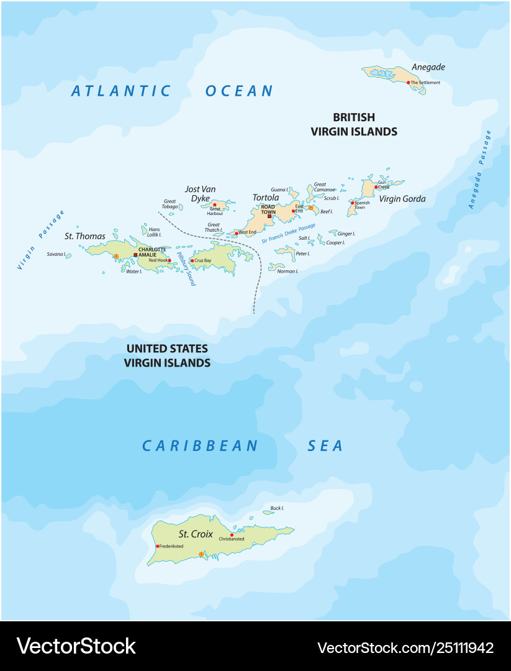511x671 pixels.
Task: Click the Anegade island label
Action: click(x=428, y=67)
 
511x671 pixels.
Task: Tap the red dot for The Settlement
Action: click(x=409, y=82)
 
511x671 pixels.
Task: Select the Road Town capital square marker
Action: click(x=269, y=216)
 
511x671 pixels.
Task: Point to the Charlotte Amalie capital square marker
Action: click(x=135, y=254)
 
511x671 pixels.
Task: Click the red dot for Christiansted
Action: click(x=232, y=534)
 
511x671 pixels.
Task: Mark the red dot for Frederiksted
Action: click(x=158, y=546)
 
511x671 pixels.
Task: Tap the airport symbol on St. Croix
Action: click(x=201, y=554)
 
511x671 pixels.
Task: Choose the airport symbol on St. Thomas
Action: click(x=115, y=256)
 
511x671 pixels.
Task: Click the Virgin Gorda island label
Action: click(x=402, y=199)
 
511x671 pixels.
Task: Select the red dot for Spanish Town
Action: click(x=352, y=203)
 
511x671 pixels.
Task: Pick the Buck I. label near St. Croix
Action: click(x=277, y=508)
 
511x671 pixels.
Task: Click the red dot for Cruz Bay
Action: click(x=192, y=260)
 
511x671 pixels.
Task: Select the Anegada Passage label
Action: click(x=480, y=168)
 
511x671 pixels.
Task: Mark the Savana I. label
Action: click(x=55, y=254)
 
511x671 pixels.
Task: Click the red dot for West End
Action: click(x=237, y=233)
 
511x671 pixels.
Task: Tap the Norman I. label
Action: click(x=287, y=271)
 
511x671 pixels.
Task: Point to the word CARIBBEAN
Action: click(x=200, y=445)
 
